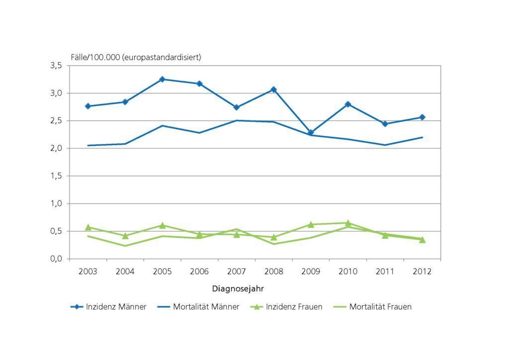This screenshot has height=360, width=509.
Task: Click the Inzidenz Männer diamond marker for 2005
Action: [162, 79]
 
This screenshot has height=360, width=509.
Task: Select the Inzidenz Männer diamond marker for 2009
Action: [311, 133]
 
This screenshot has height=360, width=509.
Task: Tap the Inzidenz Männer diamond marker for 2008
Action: [273, 90]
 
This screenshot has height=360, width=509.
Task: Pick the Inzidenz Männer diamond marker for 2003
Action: [88, 106]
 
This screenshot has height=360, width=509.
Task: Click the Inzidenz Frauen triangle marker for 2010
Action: [348, 223]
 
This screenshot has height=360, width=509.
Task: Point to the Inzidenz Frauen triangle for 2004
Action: [125, 236]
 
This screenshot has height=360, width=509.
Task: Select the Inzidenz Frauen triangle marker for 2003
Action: [88, 227]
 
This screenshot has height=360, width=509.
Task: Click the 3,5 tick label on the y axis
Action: [55, 66]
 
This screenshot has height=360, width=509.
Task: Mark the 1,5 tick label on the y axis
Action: [55, 176]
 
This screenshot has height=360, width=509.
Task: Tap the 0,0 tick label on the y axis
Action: [55, 259]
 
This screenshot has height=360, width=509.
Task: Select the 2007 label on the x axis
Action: [237, 271]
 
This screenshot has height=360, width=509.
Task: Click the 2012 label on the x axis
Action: [422, 271]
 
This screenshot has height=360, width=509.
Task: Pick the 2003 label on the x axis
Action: [88, 271]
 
